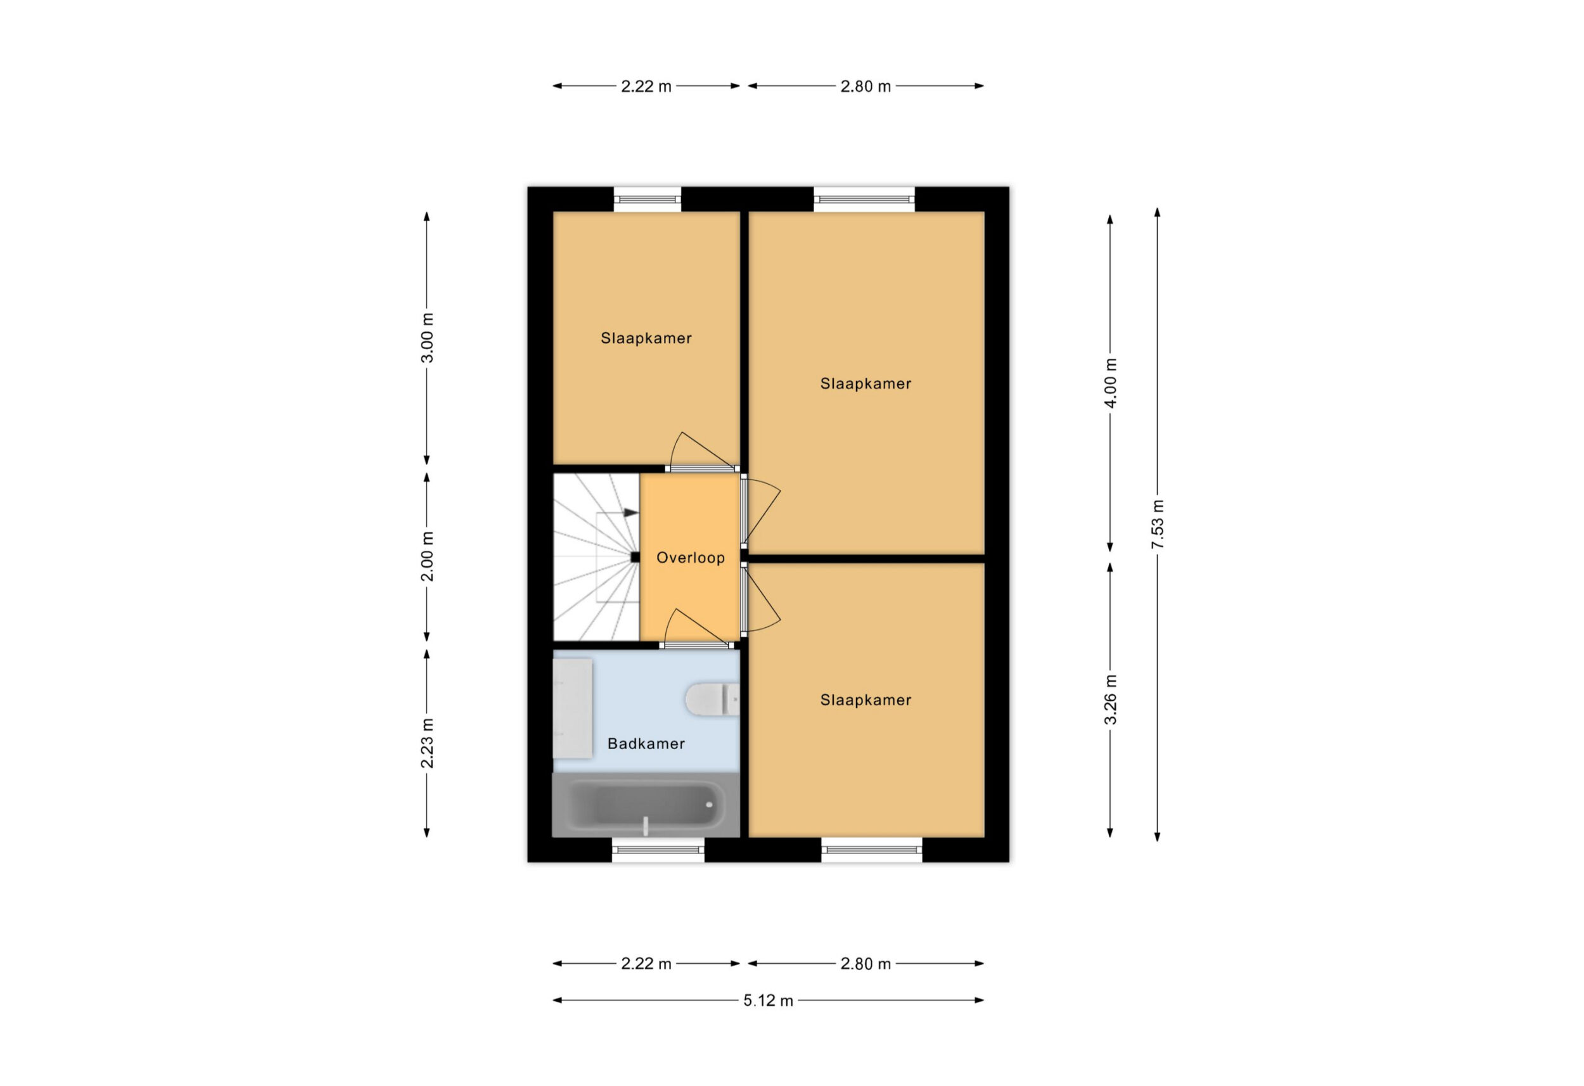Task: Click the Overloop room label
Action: pyautogui.click(x=691, y=558)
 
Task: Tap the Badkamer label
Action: pyautogui.click(x=646, y=744)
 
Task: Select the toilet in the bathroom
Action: pyautogui.click(x=712, y=700)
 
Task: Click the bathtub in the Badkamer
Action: pyautogui.click(x=646, y=805)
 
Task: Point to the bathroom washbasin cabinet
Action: pyautogui.click(x=573, y=708)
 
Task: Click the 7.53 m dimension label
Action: pyautogui.click(x=1158, y=524)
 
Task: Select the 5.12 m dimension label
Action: pyautogui.click(x=768, y=1001)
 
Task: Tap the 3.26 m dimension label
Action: pyautogui.click(x=1110, y=700)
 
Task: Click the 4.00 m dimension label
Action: pyautogui.click(x=1110, y=383)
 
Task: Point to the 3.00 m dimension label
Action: pyautogui.click(x=426, y=338)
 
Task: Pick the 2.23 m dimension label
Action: pyautogui.click(x=426, y=743)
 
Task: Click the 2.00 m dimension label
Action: pyautogui.click(x=426, y=557)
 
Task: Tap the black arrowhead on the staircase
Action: pyautogui.click(x=631, y=513)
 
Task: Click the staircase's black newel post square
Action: pyautogui.click(x=636, y=557)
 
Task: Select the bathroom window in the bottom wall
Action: pyautogui.click(x=658, y=850)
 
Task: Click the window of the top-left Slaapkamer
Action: pyautogui.click(x=648, y=199)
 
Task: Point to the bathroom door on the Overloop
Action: pyautogui.click(x=696, y=644)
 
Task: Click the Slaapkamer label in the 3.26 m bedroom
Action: pyautogui.click(x=865, y=700)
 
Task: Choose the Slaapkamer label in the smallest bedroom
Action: pyautogui.click(x=646, y=338)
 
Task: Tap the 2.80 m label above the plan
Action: pyautogui.click(x=865, y=87)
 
